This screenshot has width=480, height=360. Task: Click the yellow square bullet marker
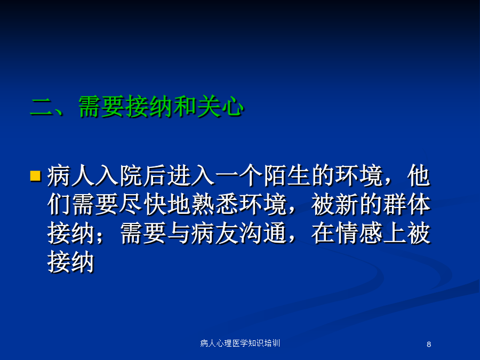(x=36, y=175)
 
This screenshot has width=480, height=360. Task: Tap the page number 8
(x=429, y=345)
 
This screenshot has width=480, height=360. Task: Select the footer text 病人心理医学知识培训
(x=240, y=343)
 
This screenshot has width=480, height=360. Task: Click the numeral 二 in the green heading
(x=42, y=107)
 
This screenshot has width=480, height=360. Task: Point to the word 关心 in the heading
(x=220, y=107)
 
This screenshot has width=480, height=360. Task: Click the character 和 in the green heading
(x=185, y=107)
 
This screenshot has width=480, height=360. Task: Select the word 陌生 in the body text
(x=287, y=175)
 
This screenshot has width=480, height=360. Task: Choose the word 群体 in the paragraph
(x=406, y=204)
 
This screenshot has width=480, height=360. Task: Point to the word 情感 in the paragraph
(x=359, y=233)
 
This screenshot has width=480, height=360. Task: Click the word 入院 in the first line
(x=119, y=175)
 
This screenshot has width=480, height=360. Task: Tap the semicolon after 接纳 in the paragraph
(x=100, y=236)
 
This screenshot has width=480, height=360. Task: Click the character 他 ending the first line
(x=419, y=175)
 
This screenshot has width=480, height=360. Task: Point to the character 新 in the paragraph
(x=347, y=204)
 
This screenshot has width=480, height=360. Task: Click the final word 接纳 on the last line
(x=71, y=262)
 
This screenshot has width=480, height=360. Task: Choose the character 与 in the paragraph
(x=179, y=233)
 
